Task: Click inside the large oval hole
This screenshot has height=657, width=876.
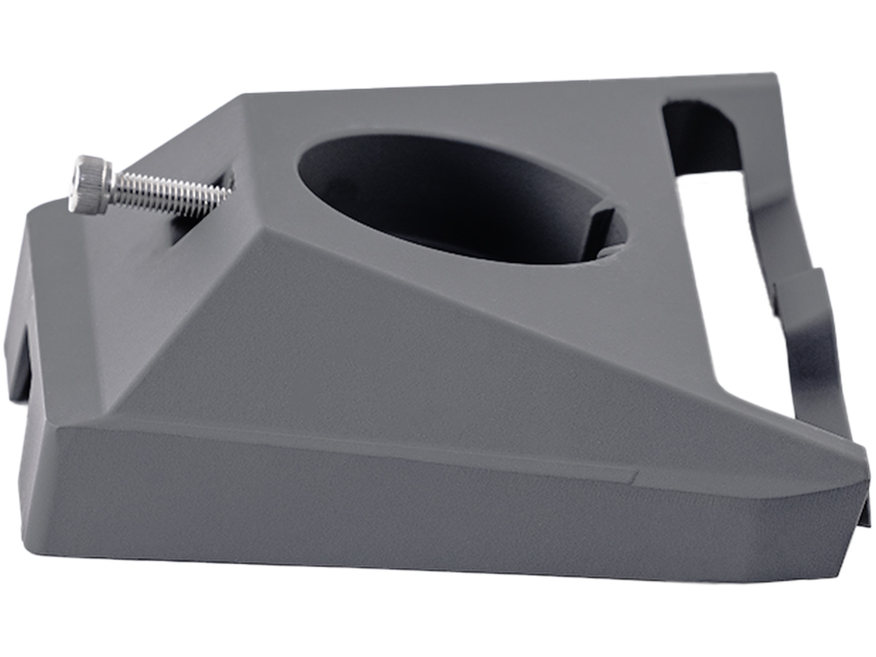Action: point(435,190)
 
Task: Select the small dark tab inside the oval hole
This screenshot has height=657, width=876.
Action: point(600,234)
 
